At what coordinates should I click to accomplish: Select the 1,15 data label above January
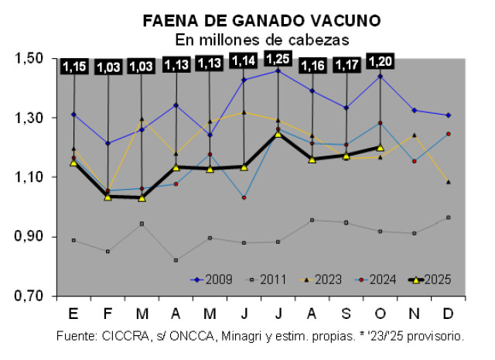(x=74, y=67)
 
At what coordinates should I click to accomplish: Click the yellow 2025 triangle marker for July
(x=277, y=134)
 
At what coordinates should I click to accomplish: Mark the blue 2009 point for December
(x=449, y=115)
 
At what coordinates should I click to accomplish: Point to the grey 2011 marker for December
(x=449, y=218)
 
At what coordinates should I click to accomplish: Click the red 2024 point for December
(x=449, y=134)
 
